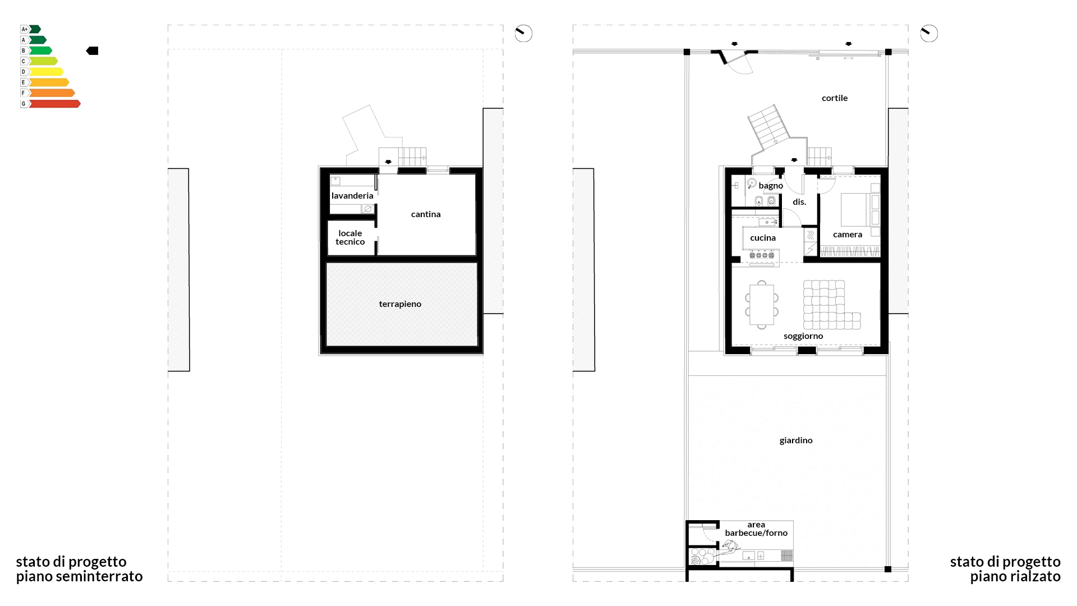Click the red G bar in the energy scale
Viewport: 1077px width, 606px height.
point(54,104)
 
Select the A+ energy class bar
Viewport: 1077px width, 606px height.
point(35,29)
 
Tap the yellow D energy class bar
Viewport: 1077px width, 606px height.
point(46,72)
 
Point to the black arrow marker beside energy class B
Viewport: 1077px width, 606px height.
point(92,51)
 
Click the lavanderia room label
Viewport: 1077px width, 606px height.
point(352,196)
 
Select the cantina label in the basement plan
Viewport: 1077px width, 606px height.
point(426,214)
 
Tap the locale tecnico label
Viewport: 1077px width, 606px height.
point(350,237)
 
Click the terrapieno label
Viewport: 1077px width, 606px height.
point(400,304)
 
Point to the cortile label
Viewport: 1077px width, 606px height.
point(835,98)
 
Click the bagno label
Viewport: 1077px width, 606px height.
point(771,186)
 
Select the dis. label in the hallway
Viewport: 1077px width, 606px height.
point(799,202)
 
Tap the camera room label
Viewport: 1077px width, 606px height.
point(848,235)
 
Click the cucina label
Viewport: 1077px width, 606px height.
point(763,238)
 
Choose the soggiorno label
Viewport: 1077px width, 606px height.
point(803,336)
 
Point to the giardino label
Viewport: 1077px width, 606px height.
point(796,440)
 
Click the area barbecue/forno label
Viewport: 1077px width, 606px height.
point(756,529)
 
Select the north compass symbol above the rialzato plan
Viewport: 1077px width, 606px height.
point(929,34)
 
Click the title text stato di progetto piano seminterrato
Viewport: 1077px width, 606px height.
point(79,569)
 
